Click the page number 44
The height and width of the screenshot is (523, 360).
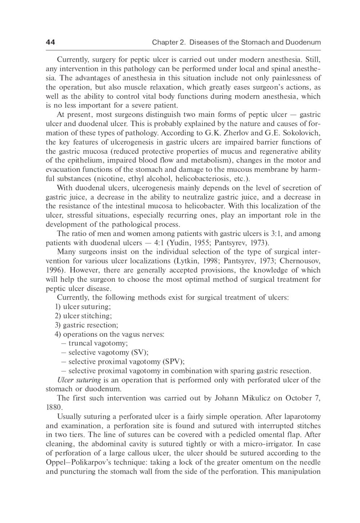tap(50, 42)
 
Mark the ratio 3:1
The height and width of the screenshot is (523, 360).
tap(276, 233)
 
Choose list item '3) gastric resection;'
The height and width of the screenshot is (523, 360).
tap(86, 325)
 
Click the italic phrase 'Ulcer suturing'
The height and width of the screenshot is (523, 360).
tap(79, 380)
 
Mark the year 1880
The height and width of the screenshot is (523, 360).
tap(54, 408)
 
